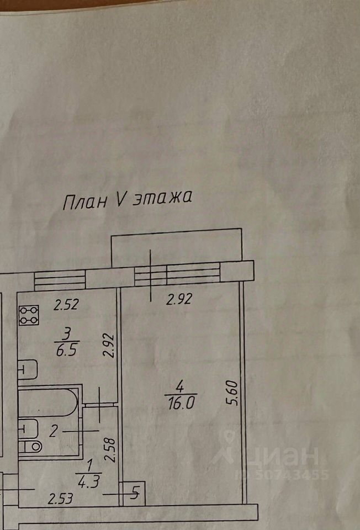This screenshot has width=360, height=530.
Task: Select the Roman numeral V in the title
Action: pyautogui.click(x=121, y=200)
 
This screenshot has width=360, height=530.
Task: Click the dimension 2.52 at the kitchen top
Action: pyautogui.click(x=66, y=304)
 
